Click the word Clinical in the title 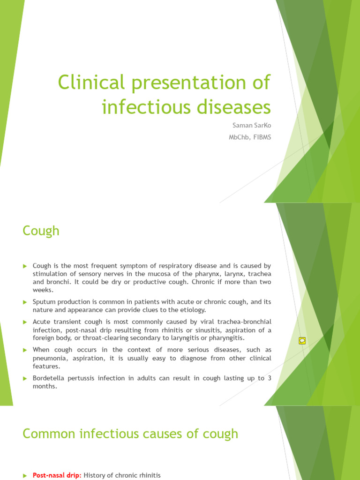(x=91, y=83)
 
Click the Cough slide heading (x=41, y=231)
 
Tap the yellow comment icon (x=302, y=341)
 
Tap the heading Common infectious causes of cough (x=130, y=434)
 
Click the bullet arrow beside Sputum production (x=26, y=302)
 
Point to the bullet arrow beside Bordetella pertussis (x=26, y=378)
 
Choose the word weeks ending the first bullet (x=43, y=290)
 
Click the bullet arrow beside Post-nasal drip (x=26, y=476)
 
